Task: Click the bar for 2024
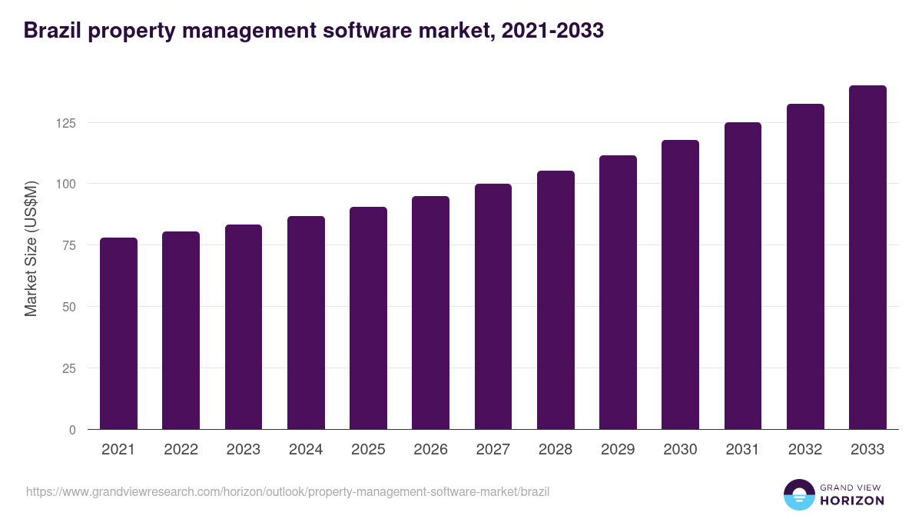[306, 323]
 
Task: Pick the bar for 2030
[680, 284]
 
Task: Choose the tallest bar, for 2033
[867, 258]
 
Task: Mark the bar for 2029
[618, 292]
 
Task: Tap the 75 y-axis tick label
[70, 245]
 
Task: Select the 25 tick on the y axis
[70, 368]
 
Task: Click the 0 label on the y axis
[73, 430]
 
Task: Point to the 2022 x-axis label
[181, 450]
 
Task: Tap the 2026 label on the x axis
[430, 450]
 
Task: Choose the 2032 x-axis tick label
[805, 450]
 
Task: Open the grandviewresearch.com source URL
[288, 491]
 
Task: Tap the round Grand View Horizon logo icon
[799, 494]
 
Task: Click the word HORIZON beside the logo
[852, 501]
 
